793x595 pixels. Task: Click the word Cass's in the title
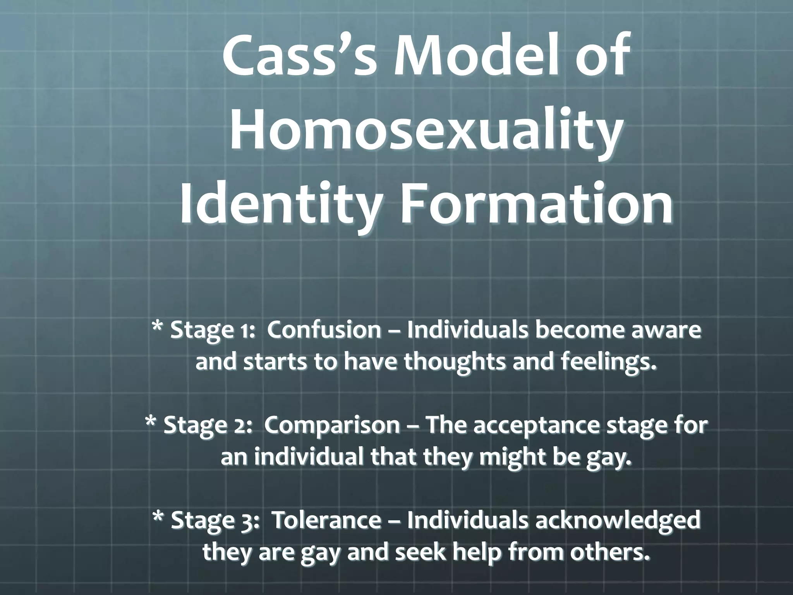tap(300, 56)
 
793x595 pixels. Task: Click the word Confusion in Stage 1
tap(324, 330)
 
